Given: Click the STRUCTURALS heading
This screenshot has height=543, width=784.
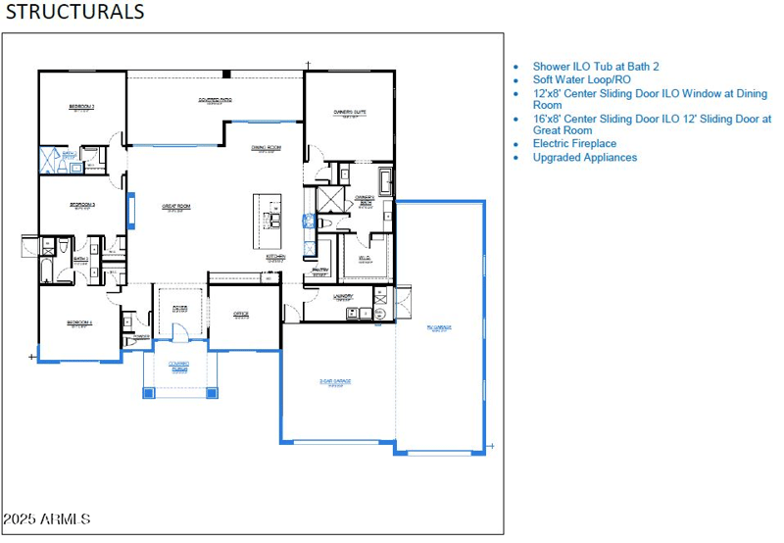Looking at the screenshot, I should pyautogui.click(x=75, y=12).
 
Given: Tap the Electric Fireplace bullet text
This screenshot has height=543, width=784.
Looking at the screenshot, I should pyautogui.click(x=574, y=143).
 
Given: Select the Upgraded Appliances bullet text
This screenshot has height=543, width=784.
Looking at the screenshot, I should pyautogui.click(x=584, y=157).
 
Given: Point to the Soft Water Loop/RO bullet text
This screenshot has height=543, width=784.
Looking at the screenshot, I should pyautogui.click(x=582, y=79).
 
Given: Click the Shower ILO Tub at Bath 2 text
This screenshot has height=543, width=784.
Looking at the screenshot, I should pyautogui.click(x=596, y=66).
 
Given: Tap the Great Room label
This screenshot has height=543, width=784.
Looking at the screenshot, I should pyautogui.click(x=176, y=207).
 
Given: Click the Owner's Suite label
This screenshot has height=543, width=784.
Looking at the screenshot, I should pyautogui.click(x=350, y=113).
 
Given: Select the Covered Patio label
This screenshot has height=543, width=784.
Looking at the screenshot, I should pyautogui.click(x=215, y=100).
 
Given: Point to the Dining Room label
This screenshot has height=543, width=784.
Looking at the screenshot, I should pyautogui.click(x=266, y=148).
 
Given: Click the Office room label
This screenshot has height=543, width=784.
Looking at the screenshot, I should pyautogui.click(x=241, y=315).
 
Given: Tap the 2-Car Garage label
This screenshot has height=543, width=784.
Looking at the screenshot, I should pyautogui.click(x=335, y=382).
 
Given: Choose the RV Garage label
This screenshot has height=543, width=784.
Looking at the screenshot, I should pyautogui.click(x=438, y=328).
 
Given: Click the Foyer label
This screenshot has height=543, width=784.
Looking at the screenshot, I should pyautogui.click(x=180, y=309).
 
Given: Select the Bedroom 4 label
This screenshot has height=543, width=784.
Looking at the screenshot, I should pyautogui.click(x=80, y=323).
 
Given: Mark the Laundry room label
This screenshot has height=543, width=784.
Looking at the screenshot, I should pyautogui.click(x=343, y=296).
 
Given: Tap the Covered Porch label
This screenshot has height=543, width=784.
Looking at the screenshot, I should pyautogui.click(x=179, y=366).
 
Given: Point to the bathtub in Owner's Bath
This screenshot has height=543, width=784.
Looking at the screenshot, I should pyautogui.click(x=385, y=181).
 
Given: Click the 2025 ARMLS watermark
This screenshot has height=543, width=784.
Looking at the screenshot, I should pyautogui.click(x=46, y=518).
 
